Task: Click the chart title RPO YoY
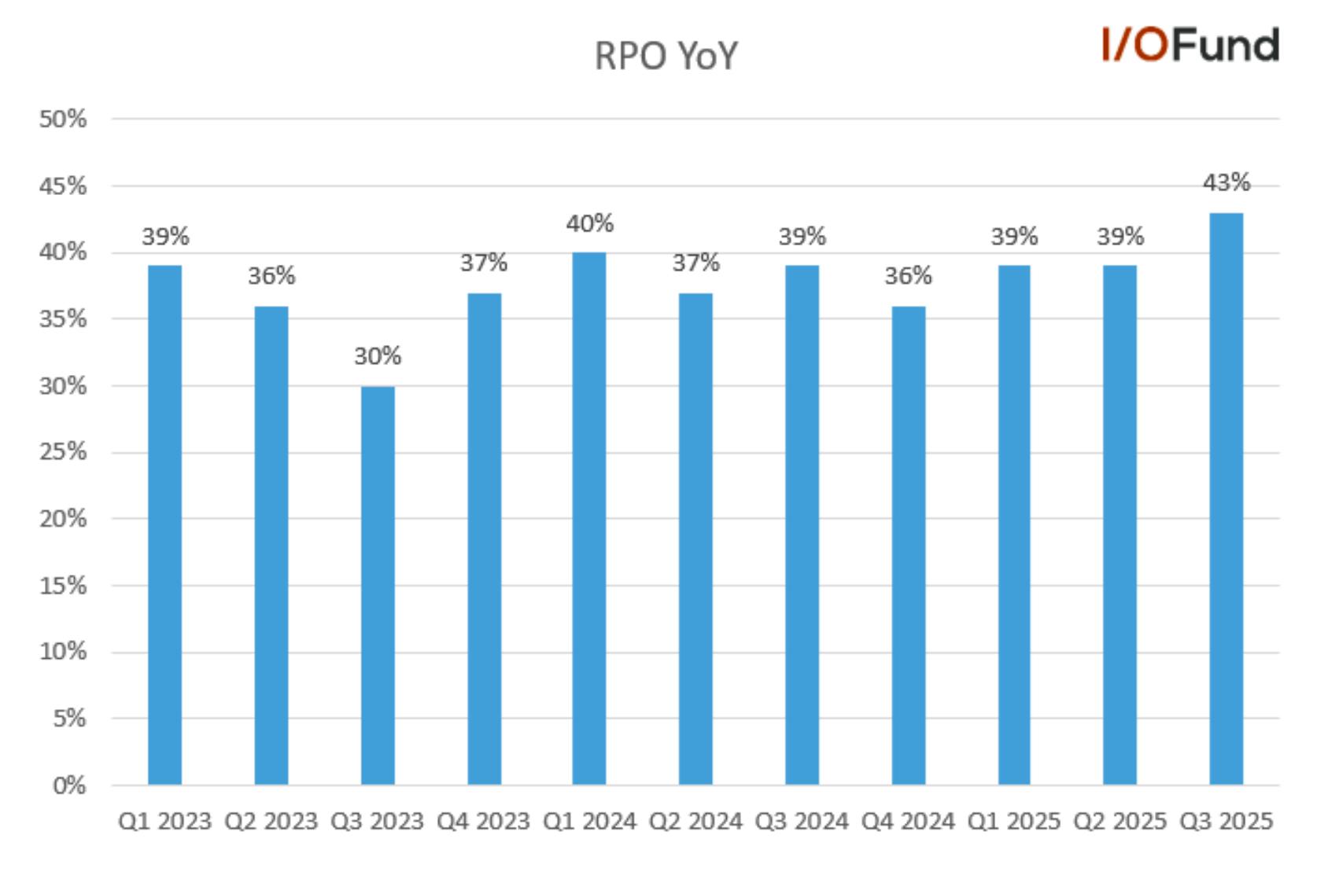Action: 666,57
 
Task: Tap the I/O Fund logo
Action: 1190,45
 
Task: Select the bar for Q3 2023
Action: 378,585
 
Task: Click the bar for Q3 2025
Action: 1226,498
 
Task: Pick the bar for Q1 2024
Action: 589,519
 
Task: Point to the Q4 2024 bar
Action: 908,546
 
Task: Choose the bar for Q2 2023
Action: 271,546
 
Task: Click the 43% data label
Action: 1226,182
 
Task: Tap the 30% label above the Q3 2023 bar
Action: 378,356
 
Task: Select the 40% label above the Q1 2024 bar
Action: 590,224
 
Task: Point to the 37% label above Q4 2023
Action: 484,263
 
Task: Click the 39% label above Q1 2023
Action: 165,237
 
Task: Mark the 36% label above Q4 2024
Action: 908,276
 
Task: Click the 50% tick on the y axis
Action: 63,119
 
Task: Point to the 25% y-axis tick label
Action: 63,452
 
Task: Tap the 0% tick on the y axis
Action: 69,785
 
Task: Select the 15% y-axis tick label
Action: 63,586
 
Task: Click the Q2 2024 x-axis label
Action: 695,822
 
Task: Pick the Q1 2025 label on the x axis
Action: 1014,822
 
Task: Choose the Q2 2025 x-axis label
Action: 1120,822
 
